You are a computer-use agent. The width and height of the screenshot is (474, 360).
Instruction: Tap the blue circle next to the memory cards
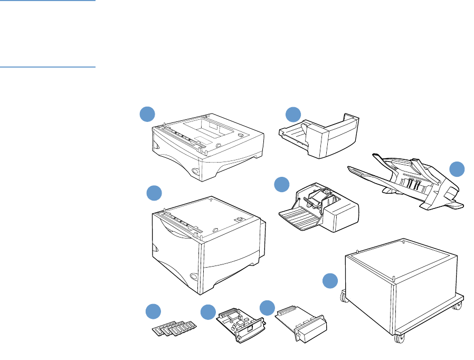coord(153,311)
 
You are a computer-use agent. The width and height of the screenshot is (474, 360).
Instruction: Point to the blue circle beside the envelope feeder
coord(282,184)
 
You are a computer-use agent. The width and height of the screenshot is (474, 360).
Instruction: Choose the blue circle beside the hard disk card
coord(268,308)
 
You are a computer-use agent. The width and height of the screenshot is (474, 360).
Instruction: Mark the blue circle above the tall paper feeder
coord(154,193)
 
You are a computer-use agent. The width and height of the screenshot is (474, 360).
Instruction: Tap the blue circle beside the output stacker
coord(457,169)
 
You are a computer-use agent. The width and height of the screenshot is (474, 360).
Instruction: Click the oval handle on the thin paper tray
coord(196,171)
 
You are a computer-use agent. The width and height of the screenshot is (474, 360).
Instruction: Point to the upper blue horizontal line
coord(48,1)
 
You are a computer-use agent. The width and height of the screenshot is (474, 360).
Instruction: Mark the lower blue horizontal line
coord(48,67)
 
